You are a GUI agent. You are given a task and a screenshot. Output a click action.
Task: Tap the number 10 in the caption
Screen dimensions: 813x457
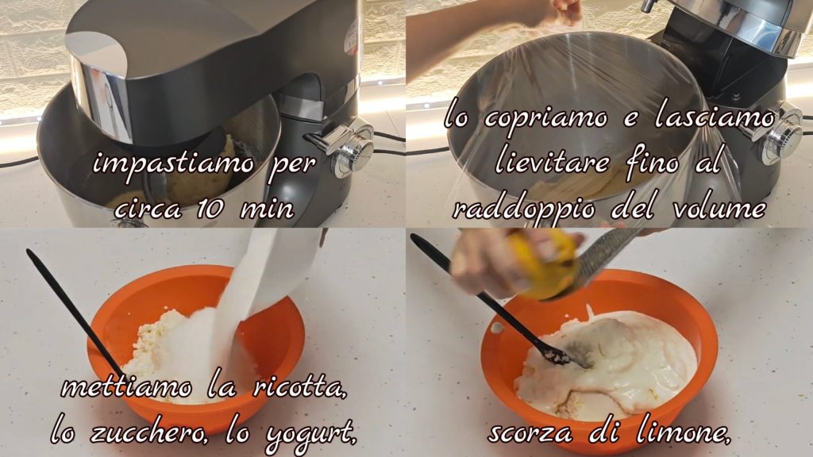pyautogui.click(x=211, y=209)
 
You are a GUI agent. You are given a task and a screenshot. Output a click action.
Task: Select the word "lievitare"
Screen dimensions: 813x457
pyautogui.click(x=553, y=162)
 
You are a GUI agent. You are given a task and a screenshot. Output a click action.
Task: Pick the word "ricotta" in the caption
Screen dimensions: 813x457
pyautogui.click(x=299, y=387)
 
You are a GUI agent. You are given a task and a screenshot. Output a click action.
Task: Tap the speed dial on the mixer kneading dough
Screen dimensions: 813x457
pyautogui.click(x=353, y=150)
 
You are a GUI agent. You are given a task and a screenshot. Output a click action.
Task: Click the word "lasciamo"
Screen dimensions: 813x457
pyautogui.click(x=715, y=117)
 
